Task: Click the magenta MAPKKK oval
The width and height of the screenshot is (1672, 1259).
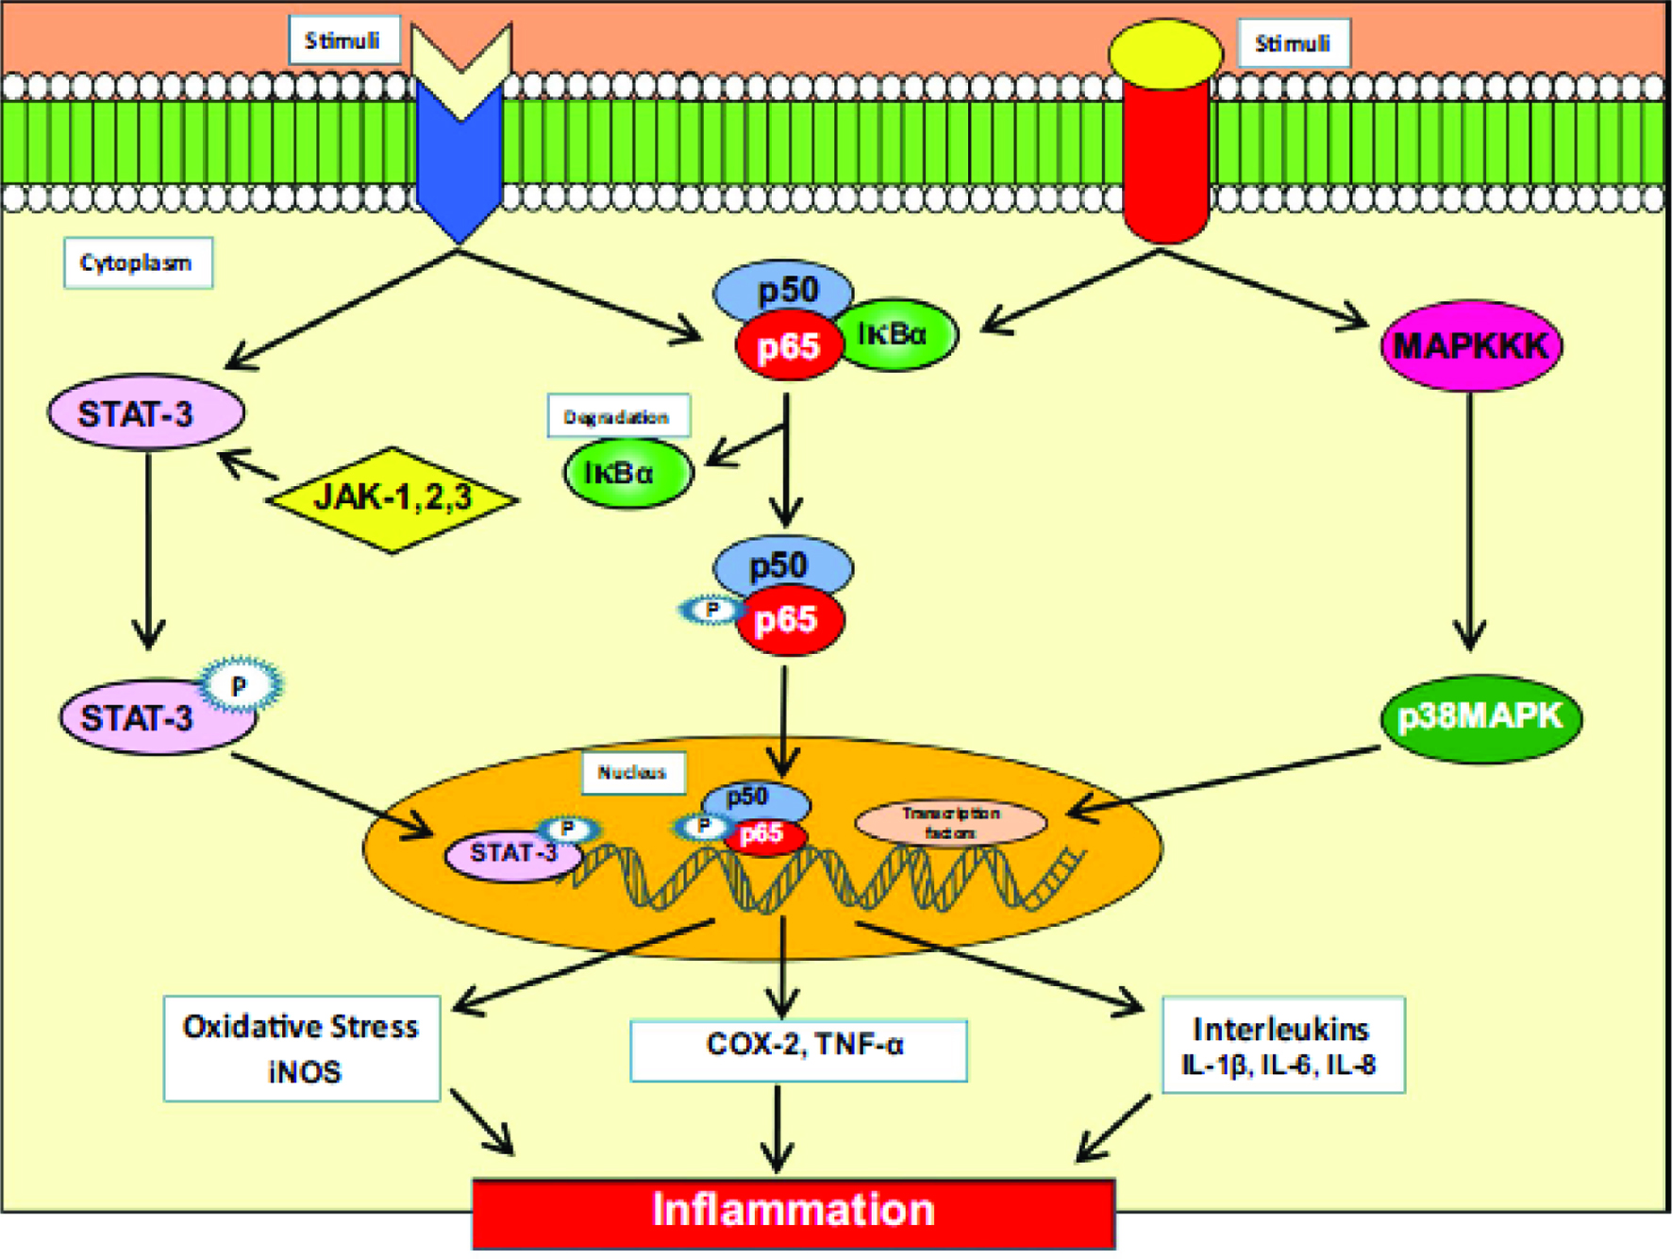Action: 1471,345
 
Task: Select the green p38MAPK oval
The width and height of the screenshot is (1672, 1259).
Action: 1480,717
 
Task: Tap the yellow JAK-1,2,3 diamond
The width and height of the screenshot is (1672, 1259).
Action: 393,498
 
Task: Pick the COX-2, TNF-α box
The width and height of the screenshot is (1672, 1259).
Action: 798,1049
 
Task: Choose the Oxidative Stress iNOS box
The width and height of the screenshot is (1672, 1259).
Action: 302,1049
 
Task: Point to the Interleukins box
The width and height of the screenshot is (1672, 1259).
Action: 1283,1045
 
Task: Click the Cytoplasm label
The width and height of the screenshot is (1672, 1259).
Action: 138,262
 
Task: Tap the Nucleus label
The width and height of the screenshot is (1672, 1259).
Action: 633,773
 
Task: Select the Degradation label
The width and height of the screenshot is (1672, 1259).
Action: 619,416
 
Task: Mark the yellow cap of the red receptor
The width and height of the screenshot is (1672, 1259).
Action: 1165,54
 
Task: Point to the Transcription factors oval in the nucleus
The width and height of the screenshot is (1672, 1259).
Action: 950,823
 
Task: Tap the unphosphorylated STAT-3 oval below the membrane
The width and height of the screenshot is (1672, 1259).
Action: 146,412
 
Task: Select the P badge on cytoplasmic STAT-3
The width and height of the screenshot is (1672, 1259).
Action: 240,685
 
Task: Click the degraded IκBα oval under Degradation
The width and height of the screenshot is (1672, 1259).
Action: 628,472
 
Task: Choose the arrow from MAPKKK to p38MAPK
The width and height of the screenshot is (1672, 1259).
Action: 1470,521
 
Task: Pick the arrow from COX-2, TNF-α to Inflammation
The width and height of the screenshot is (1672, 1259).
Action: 777,1129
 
